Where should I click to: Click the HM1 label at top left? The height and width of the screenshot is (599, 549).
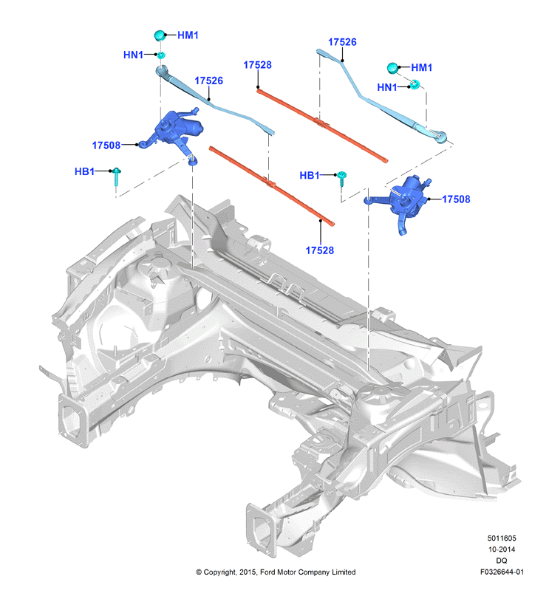coord(188,35)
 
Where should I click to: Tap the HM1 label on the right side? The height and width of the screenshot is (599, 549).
coord(422,68)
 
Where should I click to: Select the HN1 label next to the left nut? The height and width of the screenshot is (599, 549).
coord(133,55)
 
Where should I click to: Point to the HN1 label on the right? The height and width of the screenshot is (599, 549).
coord(387,87)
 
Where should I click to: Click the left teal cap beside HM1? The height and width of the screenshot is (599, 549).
coord(160,35)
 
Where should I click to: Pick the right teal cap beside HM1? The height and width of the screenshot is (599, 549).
coord(392,68)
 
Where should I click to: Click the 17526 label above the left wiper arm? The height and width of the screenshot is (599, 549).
coord(208,81)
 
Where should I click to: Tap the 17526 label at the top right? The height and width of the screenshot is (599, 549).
coord(342,42)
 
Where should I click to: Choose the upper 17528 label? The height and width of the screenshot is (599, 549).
coord(257,65)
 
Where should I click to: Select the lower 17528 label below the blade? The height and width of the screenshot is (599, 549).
coord(320,250)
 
